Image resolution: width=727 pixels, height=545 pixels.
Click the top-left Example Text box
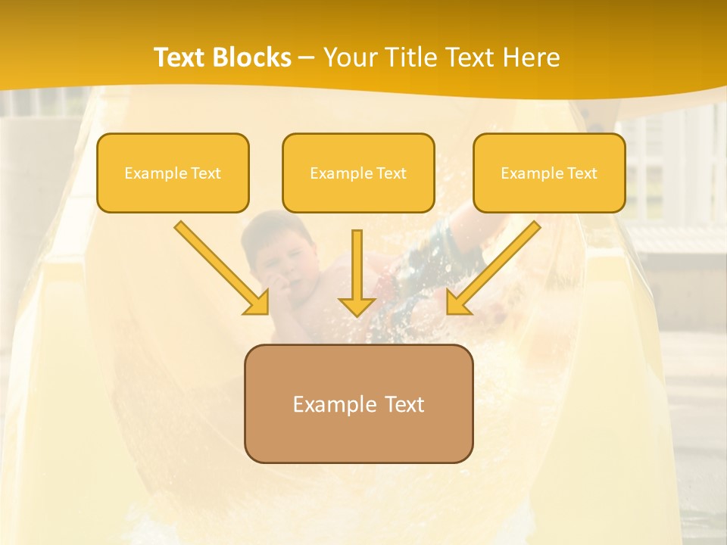(x=173, y=173)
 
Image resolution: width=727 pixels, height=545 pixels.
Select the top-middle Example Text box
(x=358, y=173)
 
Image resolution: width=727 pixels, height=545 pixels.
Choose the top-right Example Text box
(x=549, y=173)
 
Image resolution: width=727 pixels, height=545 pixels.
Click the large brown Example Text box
(x=358, y=403)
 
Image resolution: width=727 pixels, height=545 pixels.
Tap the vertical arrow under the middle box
(x=357, y=265)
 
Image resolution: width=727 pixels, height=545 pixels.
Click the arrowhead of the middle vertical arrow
(x=357, y=307)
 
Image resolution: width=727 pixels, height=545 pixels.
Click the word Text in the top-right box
(x=582, y=173)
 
